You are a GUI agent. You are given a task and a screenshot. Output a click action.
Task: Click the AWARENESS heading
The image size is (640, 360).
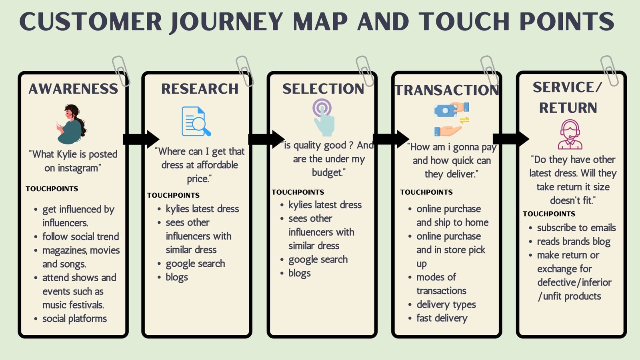(73, 89)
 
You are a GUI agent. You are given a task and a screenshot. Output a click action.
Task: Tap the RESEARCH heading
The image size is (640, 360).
(200, 89)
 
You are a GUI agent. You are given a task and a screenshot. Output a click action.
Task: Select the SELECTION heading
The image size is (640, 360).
(323, 89)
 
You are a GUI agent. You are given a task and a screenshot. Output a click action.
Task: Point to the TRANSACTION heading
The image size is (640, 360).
(447, 90)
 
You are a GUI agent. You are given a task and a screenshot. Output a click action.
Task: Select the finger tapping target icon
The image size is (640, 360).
(323, 118)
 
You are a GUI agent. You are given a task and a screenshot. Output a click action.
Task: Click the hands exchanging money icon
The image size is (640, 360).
(452, 119)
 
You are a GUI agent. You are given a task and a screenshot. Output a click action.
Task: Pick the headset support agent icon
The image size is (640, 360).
(570, 134)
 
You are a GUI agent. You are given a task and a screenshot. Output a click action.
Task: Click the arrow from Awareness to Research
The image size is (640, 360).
(141, 139)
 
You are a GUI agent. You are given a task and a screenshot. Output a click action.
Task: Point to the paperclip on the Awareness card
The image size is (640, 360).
(120, 71)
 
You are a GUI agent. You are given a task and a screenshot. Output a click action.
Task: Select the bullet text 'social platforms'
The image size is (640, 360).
(74, 319)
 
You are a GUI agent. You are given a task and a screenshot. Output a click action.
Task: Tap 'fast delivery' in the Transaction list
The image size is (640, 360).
(442, 318)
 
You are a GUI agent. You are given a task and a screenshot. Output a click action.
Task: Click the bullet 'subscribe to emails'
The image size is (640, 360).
(576, 228)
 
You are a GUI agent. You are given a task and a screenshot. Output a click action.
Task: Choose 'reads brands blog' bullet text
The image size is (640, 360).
(573, 242)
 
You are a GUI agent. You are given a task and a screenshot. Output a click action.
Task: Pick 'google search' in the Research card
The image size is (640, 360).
(195, 264)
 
